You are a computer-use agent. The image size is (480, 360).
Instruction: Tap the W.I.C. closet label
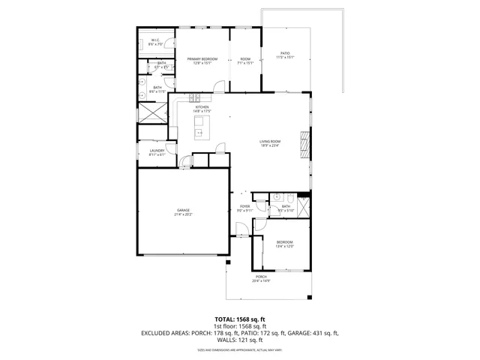pyautogui.click(x=156, y=40)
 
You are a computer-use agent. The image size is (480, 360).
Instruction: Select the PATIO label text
pyautogui.click(x=286, y=53)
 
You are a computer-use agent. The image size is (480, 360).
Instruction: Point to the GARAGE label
pyautogui.click(x=183, y=210)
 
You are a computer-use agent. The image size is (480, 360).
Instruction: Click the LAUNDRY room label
pyautogui.click(x=156, y=151)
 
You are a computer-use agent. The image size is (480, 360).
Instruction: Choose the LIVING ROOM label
pyautogui.click(x=270, y=141)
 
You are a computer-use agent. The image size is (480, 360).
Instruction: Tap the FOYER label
pyautogui.click(x=244, y=205)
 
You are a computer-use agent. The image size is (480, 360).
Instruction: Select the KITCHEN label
pyautogui.click(x=202, y=106)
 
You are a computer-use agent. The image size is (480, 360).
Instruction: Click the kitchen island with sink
pyautogui.click(x=200, y=133)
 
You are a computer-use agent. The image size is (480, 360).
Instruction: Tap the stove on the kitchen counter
pyautogui.click(x=196, y=97)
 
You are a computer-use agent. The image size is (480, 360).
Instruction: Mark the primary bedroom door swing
pyautogui.click(x=217, y=85)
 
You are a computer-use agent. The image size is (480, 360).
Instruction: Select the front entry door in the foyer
pyautogui.click(x=241, y=235)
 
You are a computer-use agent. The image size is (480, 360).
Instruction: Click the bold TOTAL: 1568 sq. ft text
pyautogui.click(x=240, y=319)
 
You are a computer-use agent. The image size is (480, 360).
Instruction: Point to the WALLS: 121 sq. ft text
pyautogui.click(x=240, y=339)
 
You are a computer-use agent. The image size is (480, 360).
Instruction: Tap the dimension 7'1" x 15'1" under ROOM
pyautogui.click(x=245, y=63)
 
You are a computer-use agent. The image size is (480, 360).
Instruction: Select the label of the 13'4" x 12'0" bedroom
pyautogui.click(x=284, y=241)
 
